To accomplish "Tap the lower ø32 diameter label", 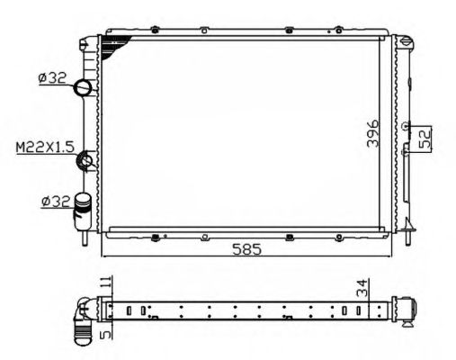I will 50,202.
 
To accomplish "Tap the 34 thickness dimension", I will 360,290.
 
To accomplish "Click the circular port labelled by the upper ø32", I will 83,87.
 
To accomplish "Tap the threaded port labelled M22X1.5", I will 86,161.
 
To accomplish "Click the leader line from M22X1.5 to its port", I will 76,151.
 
